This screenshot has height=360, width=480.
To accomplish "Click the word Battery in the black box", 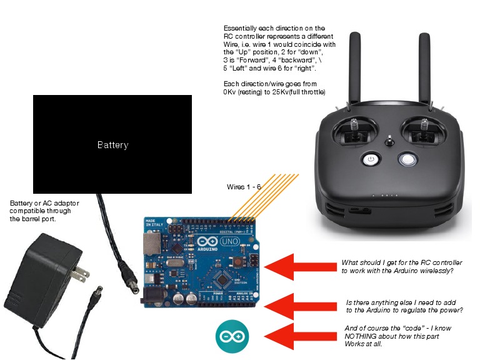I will pyautogui.click(x=112, y=145).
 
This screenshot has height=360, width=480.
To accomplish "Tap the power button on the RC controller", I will pyautogui.click(x=371, y=159).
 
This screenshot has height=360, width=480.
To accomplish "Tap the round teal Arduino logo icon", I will pyautogui.click(x=232, y=337).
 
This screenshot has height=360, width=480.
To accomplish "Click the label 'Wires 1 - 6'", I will pyautogui.click(x=244, y=187).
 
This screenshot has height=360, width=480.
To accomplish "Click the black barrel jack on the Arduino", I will pyautogui.click(x=154, y=294).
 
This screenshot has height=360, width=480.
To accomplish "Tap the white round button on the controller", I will pyautogui.click(x=409, y=159).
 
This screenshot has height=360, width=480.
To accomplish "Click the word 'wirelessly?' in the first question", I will pyautogui.click(x=432, y=271).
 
